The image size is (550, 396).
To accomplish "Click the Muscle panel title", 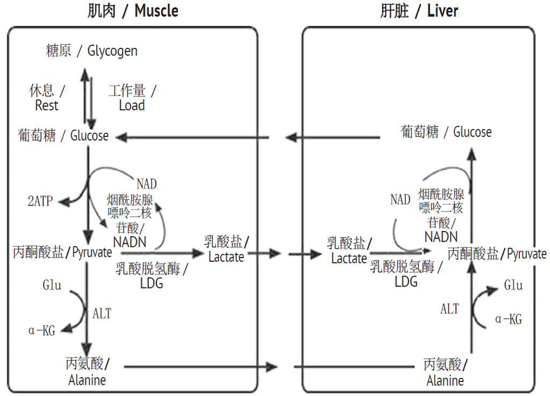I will coord(133,11).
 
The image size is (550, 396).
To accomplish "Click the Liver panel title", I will coord(419,11).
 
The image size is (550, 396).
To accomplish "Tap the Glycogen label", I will coord(92,51).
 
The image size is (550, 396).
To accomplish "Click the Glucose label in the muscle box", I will coord(63,136).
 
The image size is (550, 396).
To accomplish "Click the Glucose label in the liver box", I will coord(446,132).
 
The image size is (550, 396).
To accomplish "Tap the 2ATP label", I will coord(40,201).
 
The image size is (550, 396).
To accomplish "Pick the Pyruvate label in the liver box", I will coord(497,254).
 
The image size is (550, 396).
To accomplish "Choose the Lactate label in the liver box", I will coord(349,251).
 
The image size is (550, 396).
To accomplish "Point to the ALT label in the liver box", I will coord(450,309).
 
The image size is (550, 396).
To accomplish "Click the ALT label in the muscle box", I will coord(102,313).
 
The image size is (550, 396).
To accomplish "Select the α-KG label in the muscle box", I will coord(41,331).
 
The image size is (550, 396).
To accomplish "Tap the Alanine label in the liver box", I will coord(445,373).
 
